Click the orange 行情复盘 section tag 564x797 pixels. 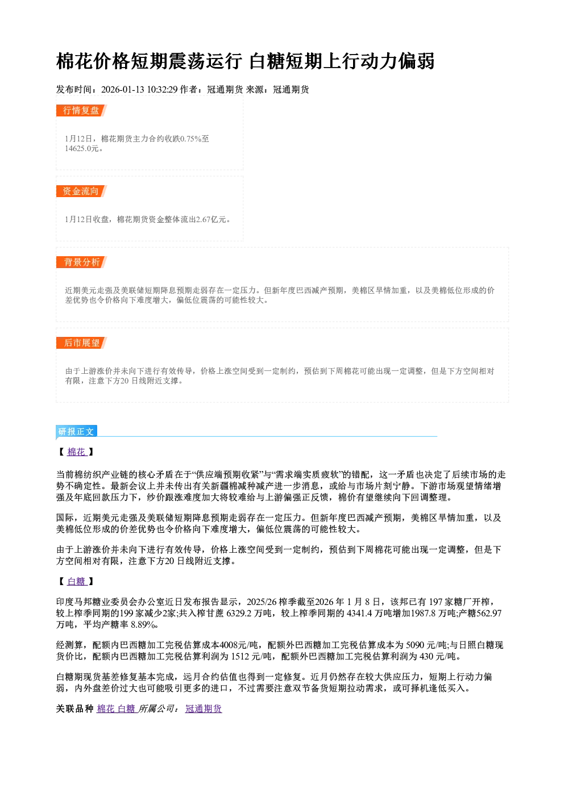(x=81, y=110)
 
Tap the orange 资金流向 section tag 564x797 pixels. (x=81, y=191)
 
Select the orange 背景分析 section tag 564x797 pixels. (x=81, y=262)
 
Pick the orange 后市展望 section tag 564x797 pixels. (x=81, y=343)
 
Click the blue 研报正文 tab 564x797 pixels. (x=76, y=432)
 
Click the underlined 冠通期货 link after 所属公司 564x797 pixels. (x=204, y=709)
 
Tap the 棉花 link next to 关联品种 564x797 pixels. (x=106, y=709)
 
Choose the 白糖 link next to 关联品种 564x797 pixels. (x=126, y=709)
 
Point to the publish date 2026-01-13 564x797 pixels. (x=123, y=89)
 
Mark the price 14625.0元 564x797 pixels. (x=82, y=148)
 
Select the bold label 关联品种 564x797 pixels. (x=75, y=709)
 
